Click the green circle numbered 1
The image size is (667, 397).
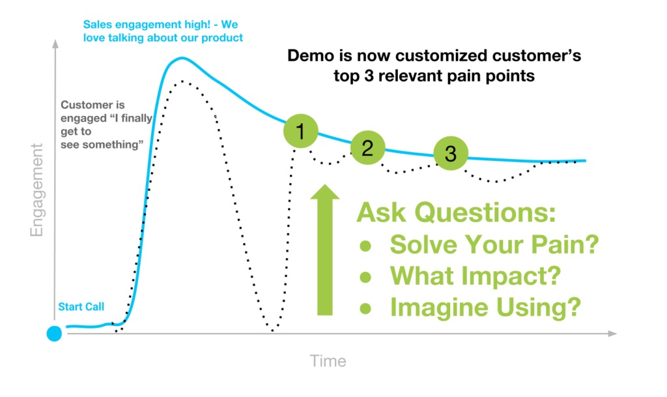(300, 132)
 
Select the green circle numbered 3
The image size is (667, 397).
(451, 154)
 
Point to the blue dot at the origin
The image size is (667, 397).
(55, 334)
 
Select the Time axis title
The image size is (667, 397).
(328, 360)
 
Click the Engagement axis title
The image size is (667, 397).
(36, 189)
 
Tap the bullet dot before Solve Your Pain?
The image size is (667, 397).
(366, 246)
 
